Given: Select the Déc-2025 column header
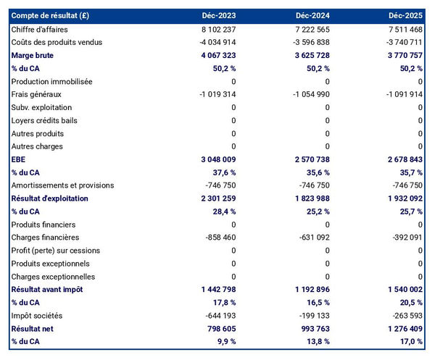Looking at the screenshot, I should [x=406, y=15].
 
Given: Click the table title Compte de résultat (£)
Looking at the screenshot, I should [x=50, y=15].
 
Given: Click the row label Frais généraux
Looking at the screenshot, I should [x=36, y=94].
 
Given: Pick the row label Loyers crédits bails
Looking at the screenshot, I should [x=45, y=120].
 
